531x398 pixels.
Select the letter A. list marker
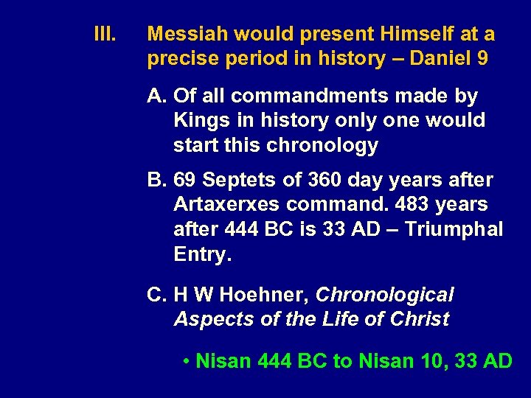tap(156, 96)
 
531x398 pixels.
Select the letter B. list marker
tap(156, 180)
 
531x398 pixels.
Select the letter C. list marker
tap(156, 295)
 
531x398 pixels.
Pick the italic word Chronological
tap(384, 295)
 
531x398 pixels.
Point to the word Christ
tap(420, 319)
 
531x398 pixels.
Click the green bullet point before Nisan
tap(189, 361)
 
